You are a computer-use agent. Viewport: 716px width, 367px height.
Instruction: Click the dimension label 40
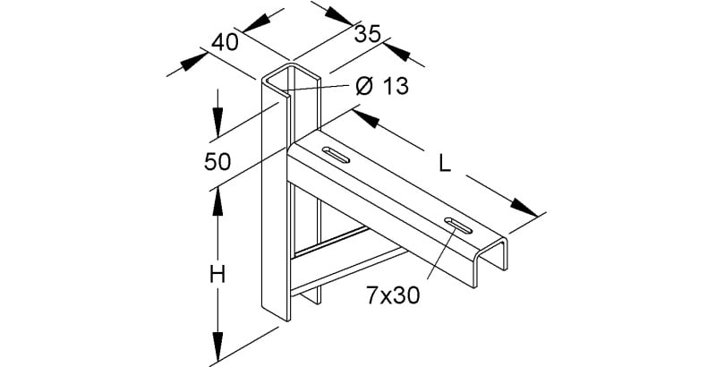pos(225,42)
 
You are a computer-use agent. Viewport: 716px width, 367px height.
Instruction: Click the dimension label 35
pos(368,34)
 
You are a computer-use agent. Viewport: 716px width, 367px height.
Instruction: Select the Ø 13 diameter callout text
pos(382,86)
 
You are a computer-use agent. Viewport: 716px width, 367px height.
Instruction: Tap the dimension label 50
pos(217,162)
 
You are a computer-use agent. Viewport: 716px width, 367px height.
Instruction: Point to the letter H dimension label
pos(217,276)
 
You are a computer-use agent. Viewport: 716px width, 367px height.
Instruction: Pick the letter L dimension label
pos(445,164)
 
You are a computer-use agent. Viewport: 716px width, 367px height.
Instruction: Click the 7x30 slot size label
pos(393,296)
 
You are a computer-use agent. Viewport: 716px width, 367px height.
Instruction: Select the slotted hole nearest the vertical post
pos(337,155)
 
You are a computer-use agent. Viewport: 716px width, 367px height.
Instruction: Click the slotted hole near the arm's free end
pos(458,226)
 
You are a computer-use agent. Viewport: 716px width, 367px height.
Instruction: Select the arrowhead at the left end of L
pos(366,119)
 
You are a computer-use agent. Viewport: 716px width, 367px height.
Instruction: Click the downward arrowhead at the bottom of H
pos(217,347)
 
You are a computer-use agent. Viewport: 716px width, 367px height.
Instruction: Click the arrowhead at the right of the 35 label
pos(396,52)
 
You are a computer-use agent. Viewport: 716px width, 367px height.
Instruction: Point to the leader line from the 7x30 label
pos(441,253)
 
